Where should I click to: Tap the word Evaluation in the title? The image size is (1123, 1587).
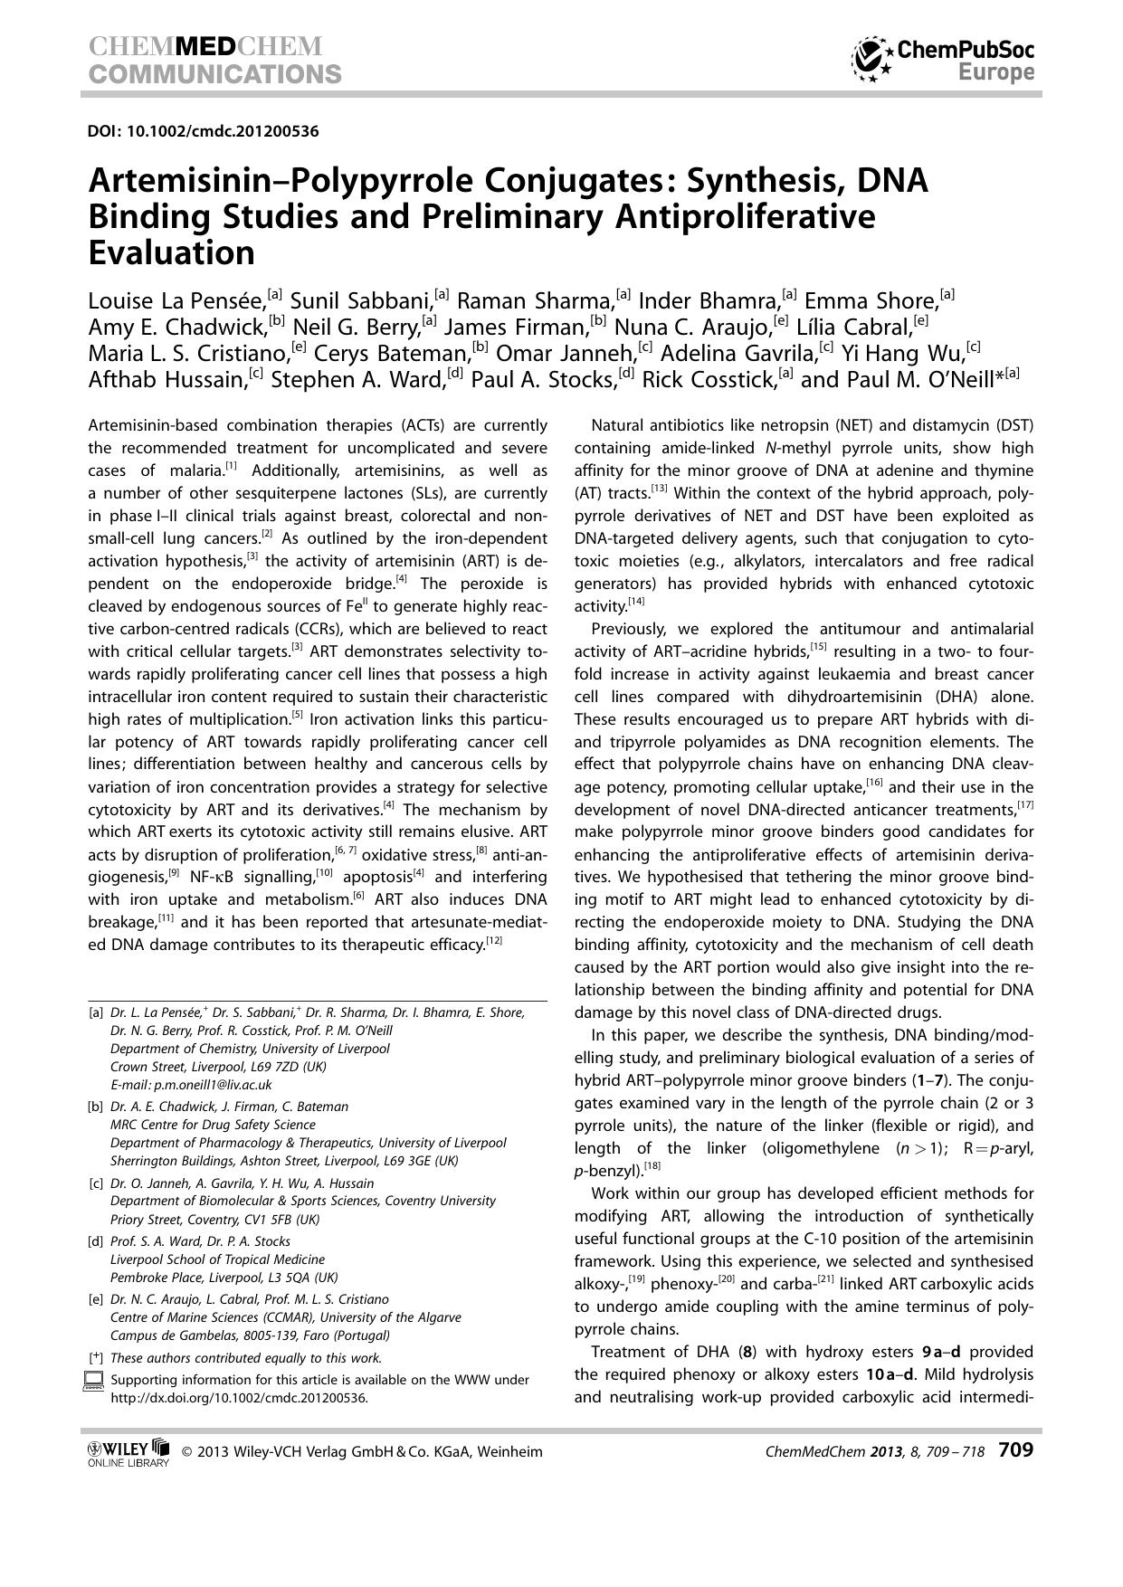(x=171, y=253)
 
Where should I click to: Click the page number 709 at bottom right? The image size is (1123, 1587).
(x=1015, y=1450)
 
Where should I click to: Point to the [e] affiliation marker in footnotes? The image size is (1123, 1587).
(x=95, y=1299)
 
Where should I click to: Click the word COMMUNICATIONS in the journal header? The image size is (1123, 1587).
(x=214, y=74)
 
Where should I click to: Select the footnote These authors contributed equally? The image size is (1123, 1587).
(x=245, y=1357)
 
